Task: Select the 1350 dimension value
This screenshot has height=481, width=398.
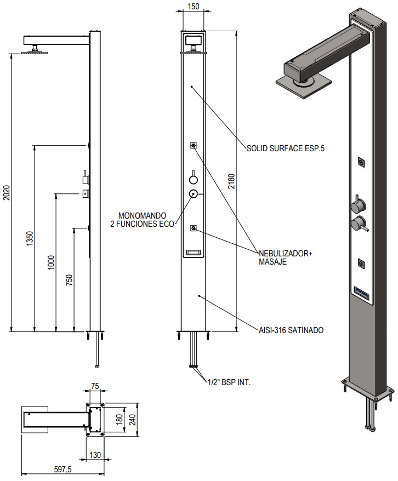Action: tap(30, 238)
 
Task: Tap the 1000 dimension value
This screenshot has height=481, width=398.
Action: tap(51, 262)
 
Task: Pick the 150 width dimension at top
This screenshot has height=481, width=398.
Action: tap(193, 7)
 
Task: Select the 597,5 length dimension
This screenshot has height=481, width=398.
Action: tap(64, 470)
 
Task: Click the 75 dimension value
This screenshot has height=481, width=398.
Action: tap(95, 386)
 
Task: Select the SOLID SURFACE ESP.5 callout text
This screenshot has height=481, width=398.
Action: tap(282, 148)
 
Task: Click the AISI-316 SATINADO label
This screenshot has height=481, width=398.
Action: tap(291, 330)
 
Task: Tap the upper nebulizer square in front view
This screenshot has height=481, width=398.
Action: tap(193, 145)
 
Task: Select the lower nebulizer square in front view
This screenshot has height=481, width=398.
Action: tap(193, 228)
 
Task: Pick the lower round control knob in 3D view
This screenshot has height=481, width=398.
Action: tap(358, 224)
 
